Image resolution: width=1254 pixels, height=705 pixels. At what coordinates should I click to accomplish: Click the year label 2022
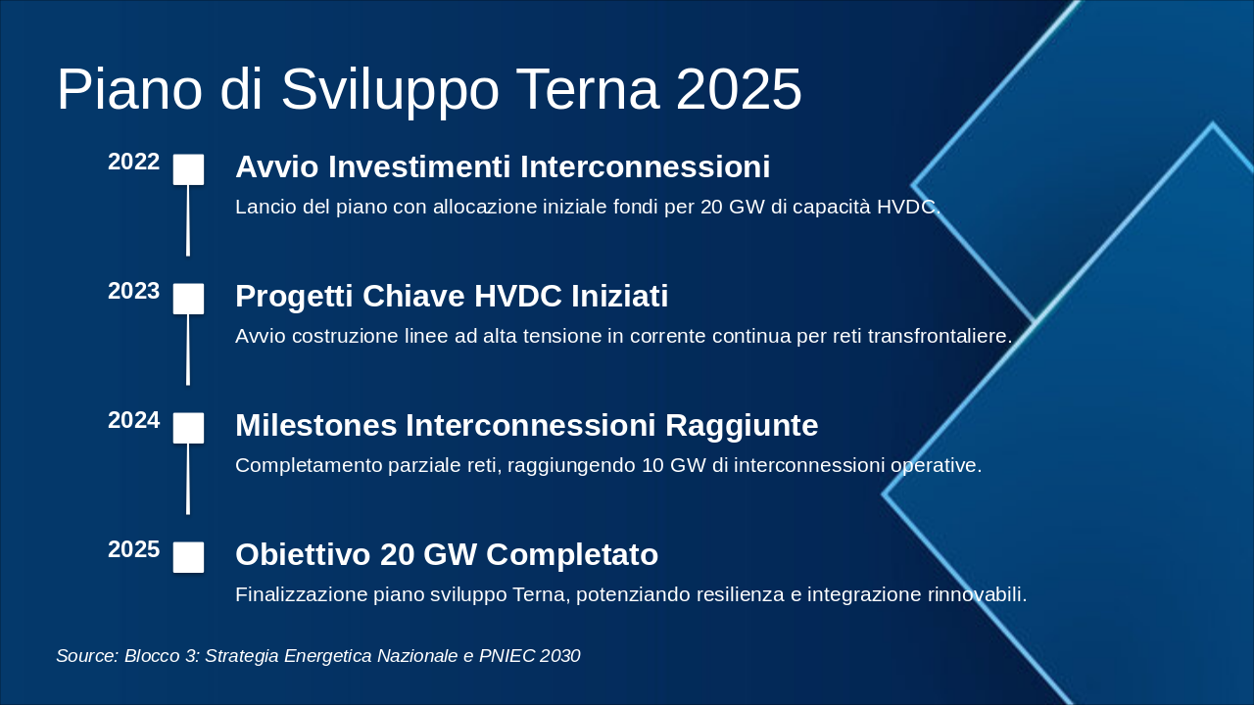(133, 163)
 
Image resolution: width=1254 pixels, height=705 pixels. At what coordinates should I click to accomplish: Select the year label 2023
(133, 292)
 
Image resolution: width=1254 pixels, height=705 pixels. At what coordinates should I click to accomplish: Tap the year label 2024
(133, 421)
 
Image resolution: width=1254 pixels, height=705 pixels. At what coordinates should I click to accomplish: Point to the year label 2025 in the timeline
(133, 550)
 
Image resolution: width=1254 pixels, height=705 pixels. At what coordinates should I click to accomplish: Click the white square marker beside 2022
(188, 169)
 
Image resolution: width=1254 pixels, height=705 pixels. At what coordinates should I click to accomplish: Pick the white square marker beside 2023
(188, 299)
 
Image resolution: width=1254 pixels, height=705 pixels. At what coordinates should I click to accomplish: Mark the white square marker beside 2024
(188, 428)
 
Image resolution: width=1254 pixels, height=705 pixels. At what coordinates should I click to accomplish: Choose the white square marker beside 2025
(188, 557)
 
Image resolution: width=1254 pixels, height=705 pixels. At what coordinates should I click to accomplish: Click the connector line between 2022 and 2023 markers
(188, 220)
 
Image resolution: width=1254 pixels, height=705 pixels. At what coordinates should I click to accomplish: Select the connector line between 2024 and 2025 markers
(188, 479)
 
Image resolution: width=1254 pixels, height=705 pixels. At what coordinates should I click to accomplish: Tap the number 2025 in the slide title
(739, 90)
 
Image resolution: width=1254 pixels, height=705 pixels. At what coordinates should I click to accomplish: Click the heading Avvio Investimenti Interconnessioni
(503, 167)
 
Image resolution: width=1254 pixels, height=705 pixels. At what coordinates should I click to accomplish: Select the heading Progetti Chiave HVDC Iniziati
(452, 297)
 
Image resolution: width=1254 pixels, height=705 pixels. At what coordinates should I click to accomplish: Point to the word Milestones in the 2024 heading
(315, 426)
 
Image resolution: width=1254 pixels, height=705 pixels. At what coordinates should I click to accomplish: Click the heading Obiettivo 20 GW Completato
(447, 555)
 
